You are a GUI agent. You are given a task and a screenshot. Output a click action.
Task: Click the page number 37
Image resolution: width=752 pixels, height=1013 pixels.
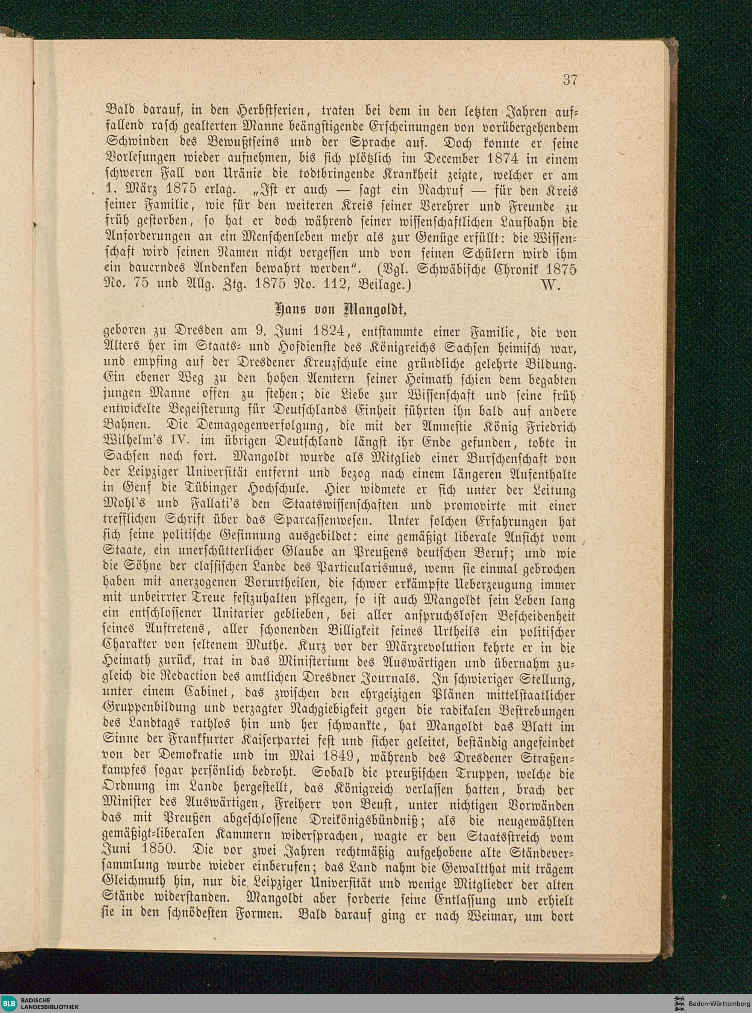pyautogui.click(x=570, y=80)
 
